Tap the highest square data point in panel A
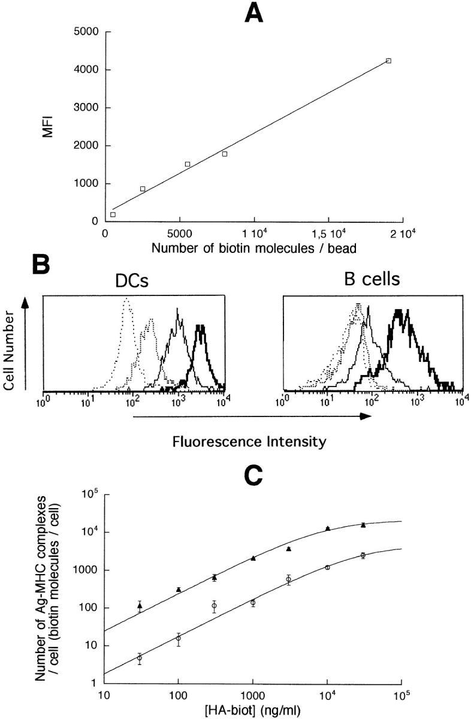pyautogui.click(x=388, y=61)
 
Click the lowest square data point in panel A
pyautogui.click(x=113, y=215)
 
